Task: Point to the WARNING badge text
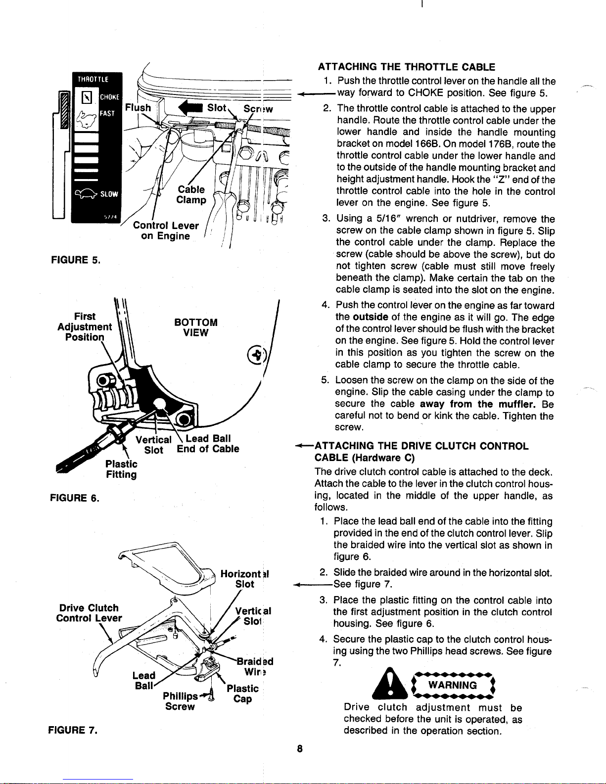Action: click(453, 685)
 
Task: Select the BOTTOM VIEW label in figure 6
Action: click(196, 327)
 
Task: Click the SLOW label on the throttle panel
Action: click(109, 193)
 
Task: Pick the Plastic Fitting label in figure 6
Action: click(121, 469)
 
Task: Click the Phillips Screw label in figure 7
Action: click(181, 701)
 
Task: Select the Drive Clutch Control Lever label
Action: click(88, 613)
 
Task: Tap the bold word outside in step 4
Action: click(370, 317)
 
